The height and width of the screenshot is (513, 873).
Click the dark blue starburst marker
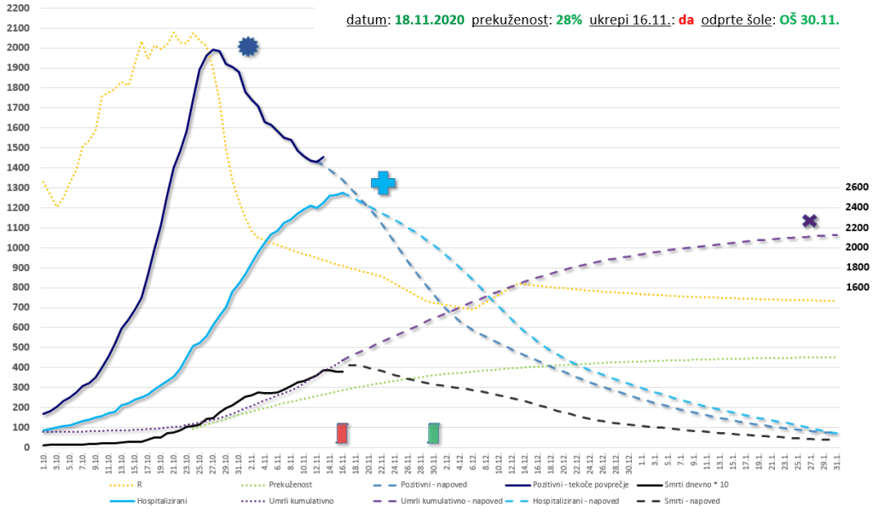click(247, 47)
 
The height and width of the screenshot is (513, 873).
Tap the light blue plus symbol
click(384, 182)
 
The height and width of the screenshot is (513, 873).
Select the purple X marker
click(810, 222)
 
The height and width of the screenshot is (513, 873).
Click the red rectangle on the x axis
click(342, 433)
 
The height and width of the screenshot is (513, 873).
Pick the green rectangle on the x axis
click(434, 433)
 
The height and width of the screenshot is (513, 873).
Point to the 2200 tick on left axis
click(17, 8)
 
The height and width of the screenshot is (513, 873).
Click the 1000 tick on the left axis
click(17, 248)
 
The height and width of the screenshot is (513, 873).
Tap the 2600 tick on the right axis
click(856, 187)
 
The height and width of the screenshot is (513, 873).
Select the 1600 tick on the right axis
click(856, 288)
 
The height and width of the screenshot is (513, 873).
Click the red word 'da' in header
click(686, 18)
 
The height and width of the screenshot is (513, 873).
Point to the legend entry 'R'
click(139, 484)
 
